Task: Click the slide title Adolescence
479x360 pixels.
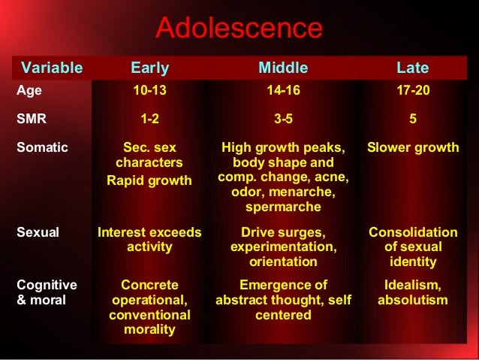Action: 239,29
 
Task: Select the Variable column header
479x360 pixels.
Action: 52,68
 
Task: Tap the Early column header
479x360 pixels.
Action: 150,68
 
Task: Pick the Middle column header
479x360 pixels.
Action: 283,68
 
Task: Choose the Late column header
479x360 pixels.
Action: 412,68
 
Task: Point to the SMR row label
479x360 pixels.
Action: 31,119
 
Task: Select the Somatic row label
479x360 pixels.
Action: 42,147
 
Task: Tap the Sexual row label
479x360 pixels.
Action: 38,232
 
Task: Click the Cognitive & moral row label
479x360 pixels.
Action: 47,292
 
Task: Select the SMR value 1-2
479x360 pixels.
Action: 149,119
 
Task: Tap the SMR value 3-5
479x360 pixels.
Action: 283,119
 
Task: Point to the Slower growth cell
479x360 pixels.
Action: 412,147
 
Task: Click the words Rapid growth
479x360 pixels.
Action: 149,180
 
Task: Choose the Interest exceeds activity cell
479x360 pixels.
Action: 149,240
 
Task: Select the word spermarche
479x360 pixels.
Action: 283,207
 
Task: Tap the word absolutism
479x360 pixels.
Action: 412,301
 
